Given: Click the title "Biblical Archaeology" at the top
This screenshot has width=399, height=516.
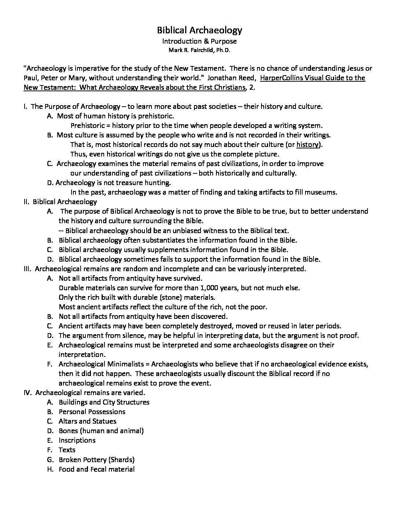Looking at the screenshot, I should pyautogui.click(x=199, y=30).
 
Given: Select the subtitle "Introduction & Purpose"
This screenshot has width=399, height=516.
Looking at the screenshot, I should pyautogui.click(x=199, y=41).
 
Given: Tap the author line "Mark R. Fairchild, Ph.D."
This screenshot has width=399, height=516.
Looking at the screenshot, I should pyautogui.click(x=199, y=50).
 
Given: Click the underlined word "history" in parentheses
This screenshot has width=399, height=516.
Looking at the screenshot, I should pyautogui.click(x=307, y=144).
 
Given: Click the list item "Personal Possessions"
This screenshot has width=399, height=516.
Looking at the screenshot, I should pyautogui.click(x=92, y=412).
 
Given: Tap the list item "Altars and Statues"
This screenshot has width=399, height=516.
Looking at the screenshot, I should pyautogui.click(x=87, y=421).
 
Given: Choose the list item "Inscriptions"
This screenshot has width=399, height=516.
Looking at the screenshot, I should pyautogui.click(x=77, y=440).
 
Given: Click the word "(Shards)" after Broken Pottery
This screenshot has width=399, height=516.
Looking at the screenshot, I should pyautogui.click(x=122, y=459).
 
